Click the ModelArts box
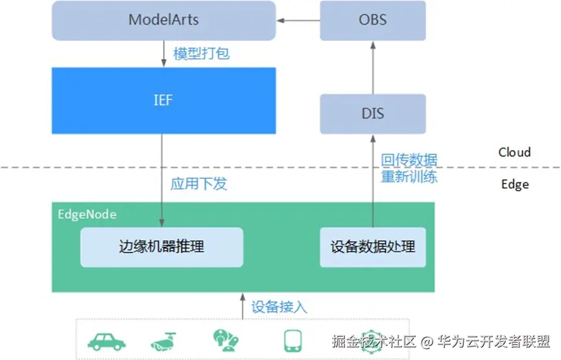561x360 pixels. coord(164,20)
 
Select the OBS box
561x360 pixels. coord(373,20)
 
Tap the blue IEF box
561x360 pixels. coord(164,101)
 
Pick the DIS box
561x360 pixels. coord(373,114)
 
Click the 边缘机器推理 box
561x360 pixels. coord(161,247)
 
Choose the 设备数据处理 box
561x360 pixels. coord(373,247)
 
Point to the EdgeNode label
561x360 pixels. coord(88,214)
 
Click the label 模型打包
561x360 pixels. coord(202,54)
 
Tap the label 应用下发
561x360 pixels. coord(199,184)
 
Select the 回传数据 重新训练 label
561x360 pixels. coord(409,168)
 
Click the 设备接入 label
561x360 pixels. coord(279,307)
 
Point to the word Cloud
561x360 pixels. coord(514,152)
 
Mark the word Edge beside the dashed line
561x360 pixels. coord(515,185)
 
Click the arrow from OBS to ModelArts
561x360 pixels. coord(298,20)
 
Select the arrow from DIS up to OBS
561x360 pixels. coord(373,68)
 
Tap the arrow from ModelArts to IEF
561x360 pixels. coord(164,54)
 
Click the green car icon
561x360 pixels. coord(106,342)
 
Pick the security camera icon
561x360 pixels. coord(163,342)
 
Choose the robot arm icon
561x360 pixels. coord(226,341)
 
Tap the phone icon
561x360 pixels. coord(293,341)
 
